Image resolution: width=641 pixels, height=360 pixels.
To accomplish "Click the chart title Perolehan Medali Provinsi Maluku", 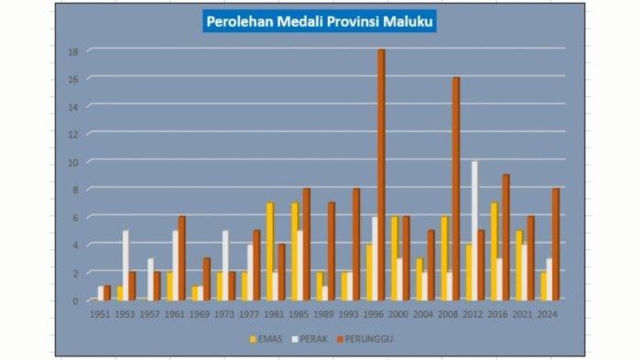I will coord(320,20).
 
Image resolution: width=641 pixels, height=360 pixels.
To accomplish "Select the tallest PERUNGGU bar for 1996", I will coord(381,174).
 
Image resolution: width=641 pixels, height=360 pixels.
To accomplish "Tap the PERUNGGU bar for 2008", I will coord(456,188).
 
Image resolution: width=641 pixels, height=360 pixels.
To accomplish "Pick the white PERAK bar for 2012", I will coord(474,230).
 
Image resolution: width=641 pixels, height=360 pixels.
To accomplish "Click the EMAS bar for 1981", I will coord(270,251).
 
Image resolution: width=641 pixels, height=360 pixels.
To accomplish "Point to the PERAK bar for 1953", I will coord(125,265).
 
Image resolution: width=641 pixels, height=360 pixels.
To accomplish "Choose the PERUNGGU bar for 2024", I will coord(555,244).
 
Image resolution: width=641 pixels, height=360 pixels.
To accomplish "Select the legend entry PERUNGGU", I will coord(365,339).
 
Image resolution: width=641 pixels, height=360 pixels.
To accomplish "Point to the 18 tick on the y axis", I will coord(72,51).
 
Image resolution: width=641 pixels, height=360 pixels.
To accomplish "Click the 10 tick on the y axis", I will coord(72,162).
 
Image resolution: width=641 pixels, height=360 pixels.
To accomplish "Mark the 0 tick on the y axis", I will coord(74,300).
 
